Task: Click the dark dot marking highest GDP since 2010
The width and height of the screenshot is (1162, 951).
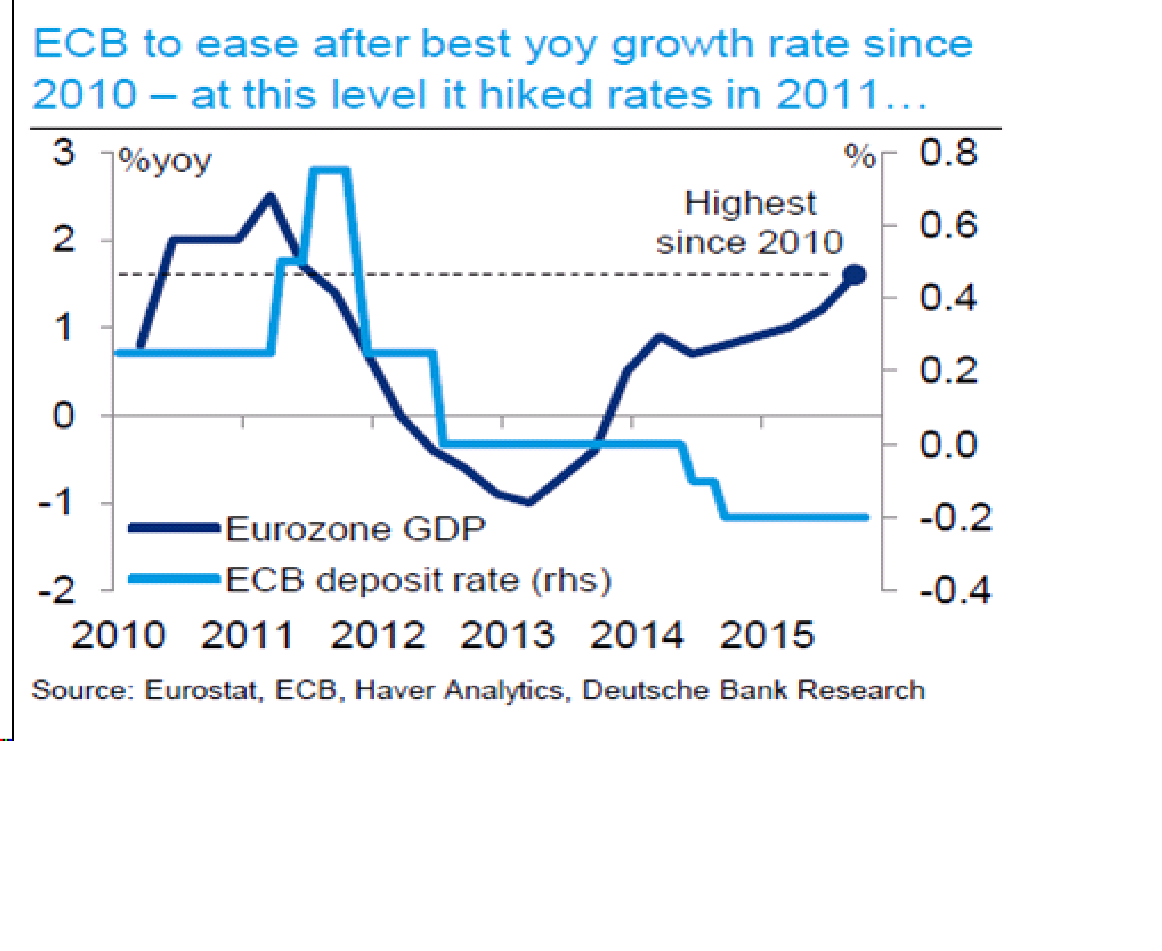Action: coord(854,275)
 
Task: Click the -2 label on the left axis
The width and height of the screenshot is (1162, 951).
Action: coord(57,591)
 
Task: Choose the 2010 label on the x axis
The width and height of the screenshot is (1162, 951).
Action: coord(118,635)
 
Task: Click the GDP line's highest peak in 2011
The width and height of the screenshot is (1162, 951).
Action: coord(270,196)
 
